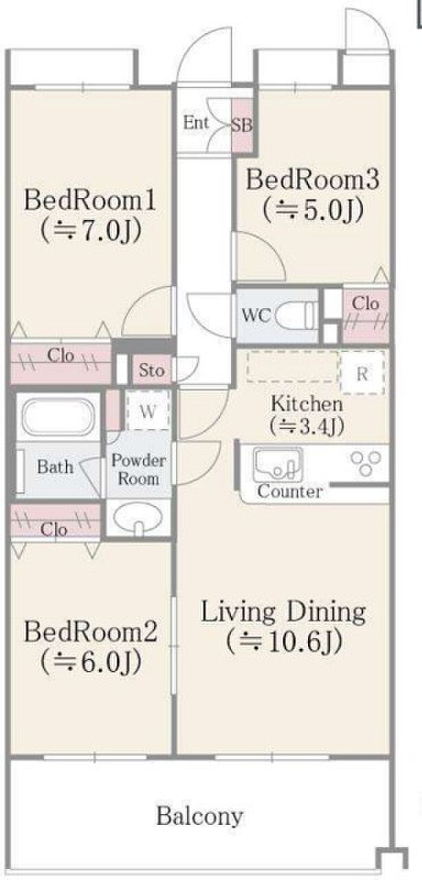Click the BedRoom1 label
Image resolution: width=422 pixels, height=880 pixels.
pos(90,200)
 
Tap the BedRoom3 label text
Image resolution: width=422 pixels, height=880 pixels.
pos(312,179)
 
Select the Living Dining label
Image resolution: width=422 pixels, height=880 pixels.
pos(283,613)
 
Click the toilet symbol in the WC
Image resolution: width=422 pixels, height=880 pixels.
pos(297,315)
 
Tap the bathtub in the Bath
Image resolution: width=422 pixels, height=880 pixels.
pos(58,417)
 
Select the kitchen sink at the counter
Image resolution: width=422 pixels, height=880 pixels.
pos(278,465)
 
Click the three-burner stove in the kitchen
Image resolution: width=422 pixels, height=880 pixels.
pos(366,463)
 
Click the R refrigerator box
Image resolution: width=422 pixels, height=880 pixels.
pos(362,373)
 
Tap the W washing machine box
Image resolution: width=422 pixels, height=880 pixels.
pos(148,411)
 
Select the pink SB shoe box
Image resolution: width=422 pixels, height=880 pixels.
pos(241,125)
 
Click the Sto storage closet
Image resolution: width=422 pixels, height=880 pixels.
pos(152,370)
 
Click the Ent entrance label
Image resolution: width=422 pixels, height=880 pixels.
pos(196,122)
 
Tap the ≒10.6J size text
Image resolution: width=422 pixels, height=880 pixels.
pos(284,641)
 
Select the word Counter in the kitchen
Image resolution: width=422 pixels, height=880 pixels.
pos(290,492)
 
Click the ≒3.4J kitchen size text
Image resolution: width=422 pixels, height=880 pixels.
pos(307,425)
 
